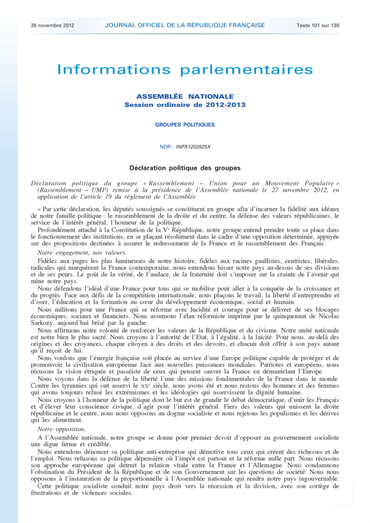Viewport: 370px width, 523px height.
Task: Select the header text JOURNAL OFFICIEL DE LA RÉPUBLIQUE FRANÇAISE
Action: [185, 25]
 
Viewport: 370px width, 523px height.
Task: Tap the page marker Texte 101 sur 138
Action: [318, 25]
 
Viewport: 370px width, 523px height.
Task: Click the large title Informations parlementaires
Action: [185, 70]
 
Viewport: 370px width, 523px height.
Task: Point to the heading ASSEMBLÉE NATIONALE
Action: [185, 97]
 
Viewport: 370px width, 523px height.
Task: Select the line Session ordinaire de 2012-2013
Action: [185, 105]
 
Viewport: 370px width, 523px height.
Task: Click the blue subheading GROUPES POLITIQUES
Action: [185, 125]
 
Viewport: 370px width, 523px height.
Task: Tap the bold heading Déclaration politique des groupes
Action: [185, 168]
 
